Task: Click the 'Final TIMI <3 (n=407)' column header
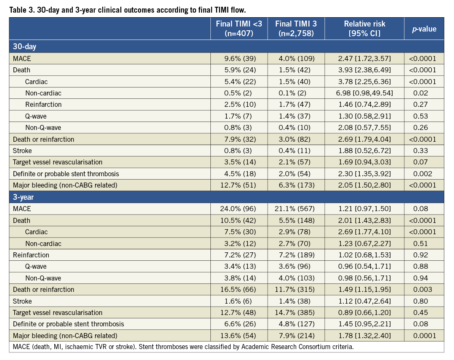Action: (x=239, y=29)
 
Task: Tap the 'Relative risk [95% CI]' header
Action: (x=364, y=29)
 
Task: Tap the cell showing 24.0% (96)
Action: (x=239, y=209)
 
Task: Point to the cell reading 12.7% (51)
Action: (x=239, y=185)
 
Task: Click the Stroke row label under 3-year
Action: (x=22, y=301)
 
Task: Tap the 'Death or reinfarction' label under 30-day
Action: (x=43, y=139)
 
